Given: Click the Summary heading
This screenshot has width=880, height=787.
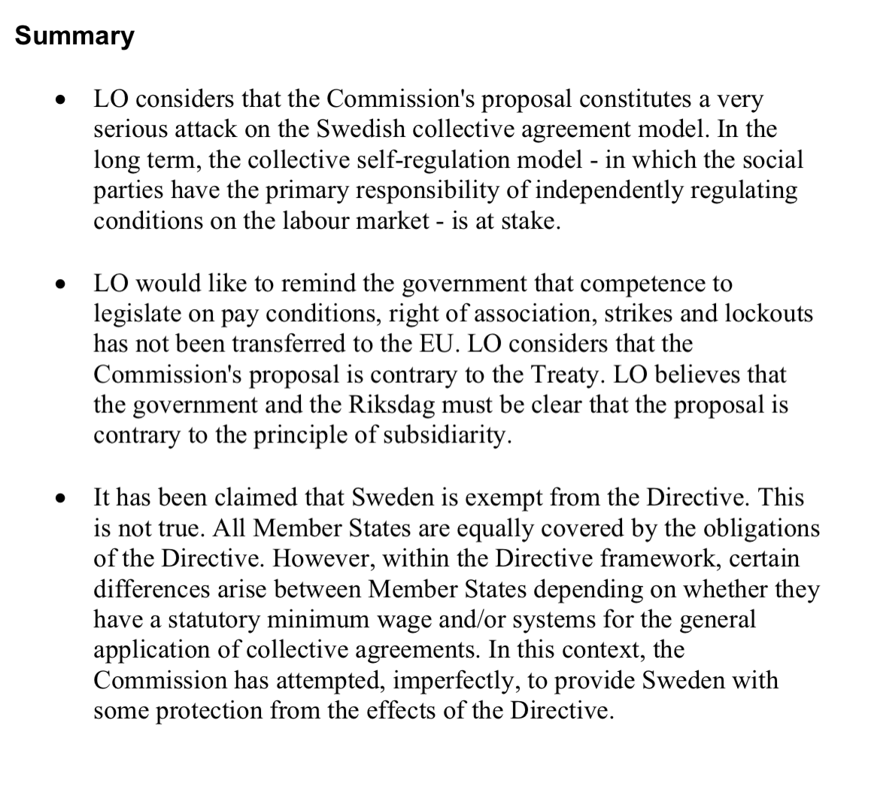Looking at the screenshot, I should click(74, 35).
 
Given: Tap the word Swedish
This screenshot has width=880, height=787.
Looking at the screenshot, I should click(363, 129).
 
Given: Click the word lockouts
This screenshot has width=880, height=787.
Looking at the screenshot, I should click(768, 314).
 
